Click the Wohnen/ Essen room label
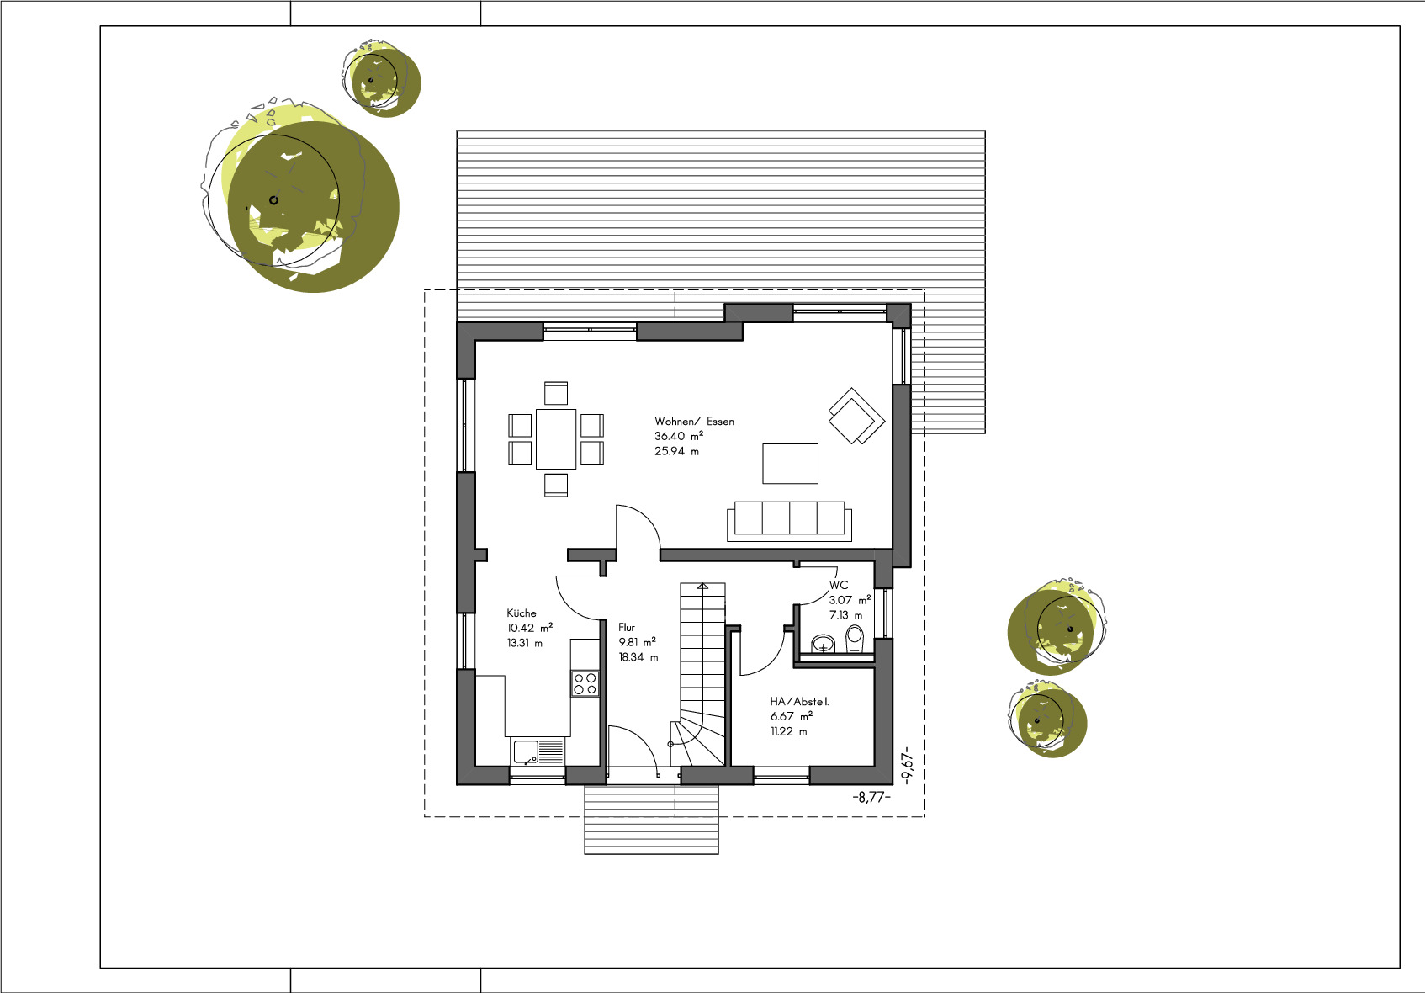tap(694, 422)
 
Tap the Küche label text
tap(521, 613)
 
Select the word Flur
tap(627, 628)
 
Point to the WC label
tap(839, 585)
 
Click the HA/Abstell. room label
tap(800, 702)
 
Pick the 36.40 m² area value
tap(679, 436)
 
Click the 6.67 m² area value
tap(792, 716)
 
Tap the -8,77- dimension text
tap(871, 797)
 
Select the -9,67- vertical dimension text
tap(908, 765)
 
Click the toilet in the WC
tap(855, 639)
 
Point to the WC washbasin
tap(824, 644)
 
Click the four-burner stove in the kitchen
tap(585, 683)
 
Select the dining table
tap(556, 439)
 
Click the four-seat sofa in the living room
tap(790, 522)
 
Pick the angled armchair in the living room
tap(856, 416)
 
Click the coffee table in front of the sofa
tap(791, 464)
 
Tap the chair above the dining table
tap(556, 393)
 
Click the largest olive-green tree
tap(313, 207)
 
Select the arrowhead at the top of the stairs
tap(702, 586)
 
